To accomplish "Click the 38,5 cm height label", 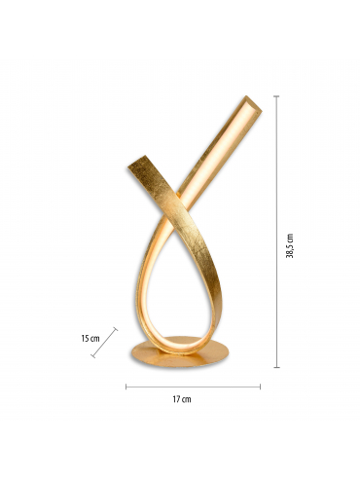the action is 290,245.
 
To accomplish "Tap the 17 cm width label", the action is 182,399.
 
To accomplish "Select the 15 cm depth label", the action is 90,339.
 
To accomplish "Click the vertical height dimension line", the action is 276,232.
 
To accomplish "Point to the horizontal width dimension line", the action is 193,387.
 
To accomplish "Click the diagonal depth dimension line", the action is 104,343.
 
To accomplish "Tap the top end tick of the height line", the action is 276,96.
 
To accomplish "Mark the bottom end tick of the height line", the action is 276,367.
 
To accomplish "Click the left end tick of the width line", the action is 126,387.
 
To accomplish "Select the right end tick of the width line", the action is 260,387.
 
